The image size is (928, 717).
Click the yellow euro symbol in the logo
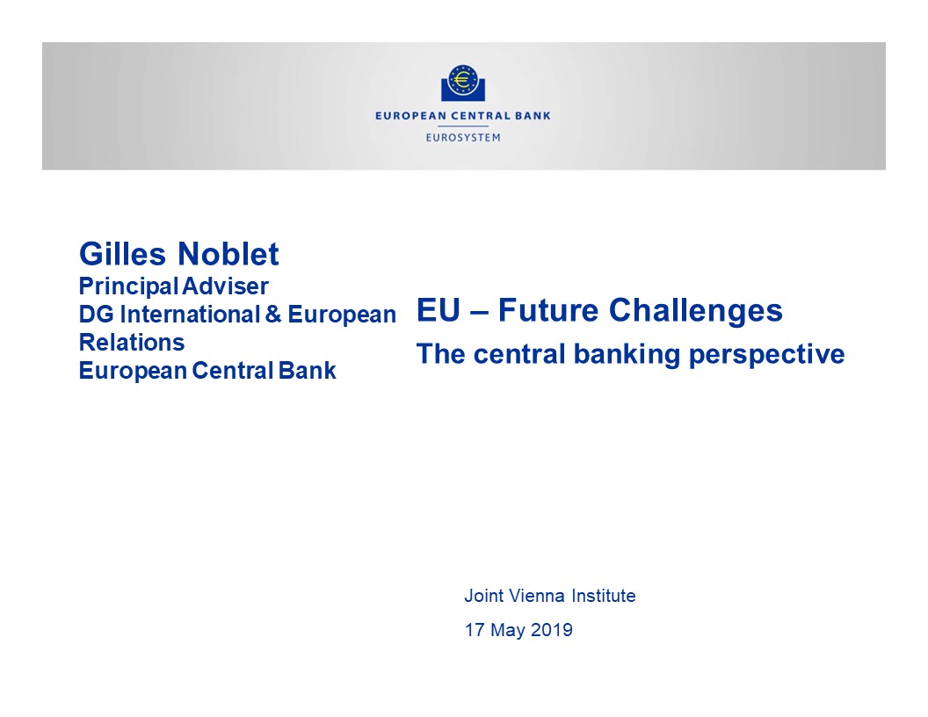pyautogui.click(x=463, y=79)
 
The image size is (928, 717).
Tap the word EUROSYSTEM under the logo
pyautogui.click(x=463, y=137)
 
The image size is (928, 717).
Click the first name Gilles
pyautogui.click(x=123, y=255)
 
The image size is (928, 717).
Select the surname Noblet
pyautogui.click(x=228, y=255)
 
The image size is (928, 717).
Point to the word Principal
pyautogui.click(x=128, y=287)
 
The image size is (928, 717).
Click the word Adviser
pyautogui.click(x=225, y=287)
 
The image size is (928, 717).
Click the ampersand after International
pyautogui.click(x=272, y=315)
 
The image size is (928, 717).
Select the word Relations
pyautogui.click(x=132, y=343)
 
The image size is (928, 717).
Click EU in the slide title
pyautogui.click(x=439, y=310)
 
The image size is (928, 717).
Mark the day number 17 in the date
pyautogui.click(x=475, y=630)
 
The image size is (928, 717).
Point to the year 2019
pyautogui.click(x=552, y=630)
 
